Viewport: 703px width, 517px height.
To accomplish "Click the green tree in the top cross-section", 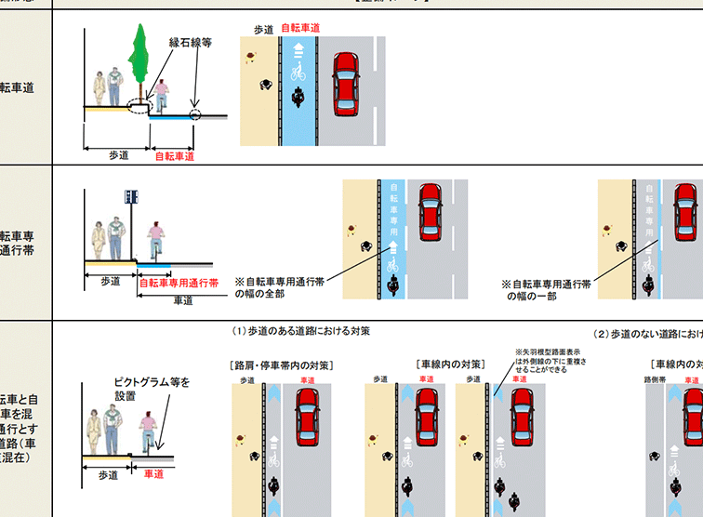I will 139,53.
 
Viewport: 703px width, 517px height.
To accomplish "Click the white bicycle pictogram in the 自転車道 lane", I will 298,69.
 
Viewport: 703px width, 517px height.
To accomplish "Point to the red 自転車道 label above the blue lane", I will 300,29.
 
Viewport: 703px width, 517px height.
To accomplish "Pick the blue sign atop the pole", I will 131,197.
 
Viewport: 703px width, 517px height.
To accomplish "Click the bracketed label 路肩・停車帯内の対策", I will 281,365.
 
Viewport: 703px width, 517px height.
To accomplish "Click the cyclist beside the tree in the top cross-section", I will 161,97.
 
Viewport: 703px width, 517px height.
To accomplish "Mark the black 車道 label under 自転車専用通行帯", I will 183,299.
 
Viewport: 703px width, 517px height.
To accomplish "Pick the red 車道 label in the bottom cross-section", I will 154,474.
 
